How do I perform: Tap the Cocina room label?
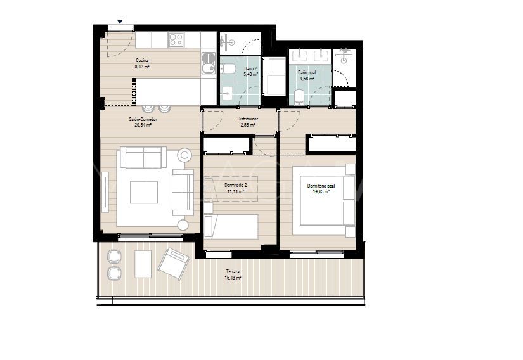[142, 61]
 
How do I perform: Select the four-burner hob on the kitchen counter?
[176, 40]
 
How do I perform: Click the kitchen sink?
[208, 61]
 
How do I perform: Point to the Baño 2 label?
[250, 68]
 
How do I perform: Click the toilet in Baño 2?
[229, 69]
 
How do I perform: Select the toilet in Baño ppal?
[300, 96]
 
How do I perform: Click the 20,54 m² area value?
[143, 125]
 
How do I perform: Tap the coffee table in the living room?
[144, 191]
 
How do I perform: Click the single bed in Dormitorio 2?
[231, 226]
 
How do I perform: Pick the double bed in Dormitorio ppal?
[327, 203]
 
